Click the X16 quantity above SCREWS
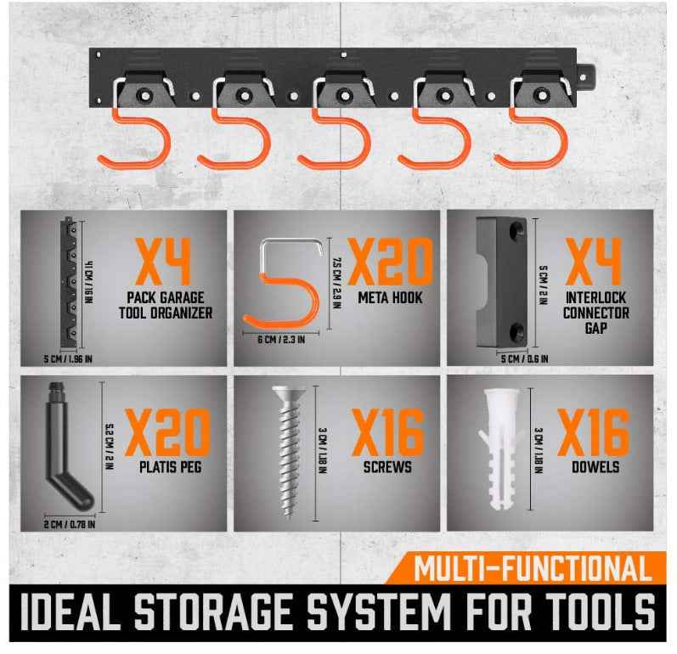[387, 432]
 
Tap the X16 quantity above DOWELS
[595, 432]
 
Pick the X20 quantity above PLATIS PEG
[167, 432]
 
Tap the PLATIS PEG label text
[168, 468]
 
